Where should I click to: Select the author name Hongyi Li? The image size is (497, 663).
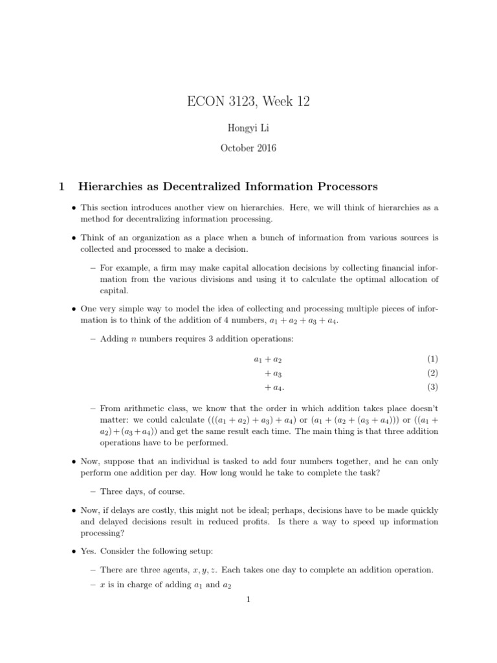pos(248,129)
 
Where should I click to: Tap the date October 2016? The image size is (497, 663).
pos(248,148)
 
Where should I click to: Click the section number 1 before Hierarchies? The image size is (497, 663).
pos(61,186)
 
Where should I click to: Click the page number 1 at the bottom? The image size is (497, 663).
pos(248,600)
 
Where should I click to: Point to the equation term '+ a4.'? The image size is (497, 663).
pos(274,388)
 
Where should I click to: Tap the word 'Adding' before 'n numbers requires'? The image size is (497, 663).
pos(114,339)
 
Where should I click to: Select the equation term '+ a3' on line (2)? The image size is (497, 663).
pos(272,374)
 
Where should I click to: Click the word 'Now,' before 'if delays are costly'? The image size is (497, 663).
pos(91,511)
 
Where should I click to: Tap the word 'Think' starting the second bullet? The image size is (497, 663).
pos(92,238)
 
